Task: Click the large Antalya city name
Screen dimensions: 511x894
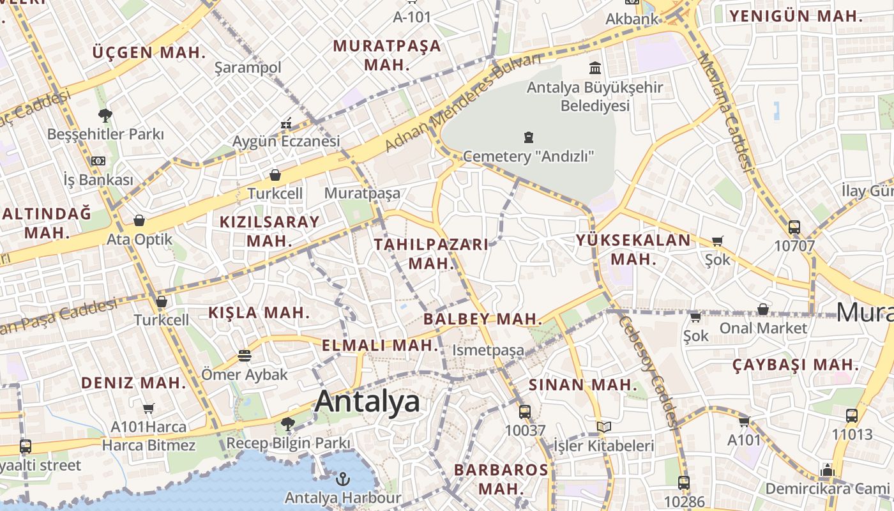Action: tap(367, 401)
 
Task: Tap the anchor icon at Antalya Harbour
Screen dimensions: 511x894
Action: tap(344, 478)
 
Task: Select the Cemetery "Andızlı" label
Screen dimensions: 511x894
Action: tap(529, 156)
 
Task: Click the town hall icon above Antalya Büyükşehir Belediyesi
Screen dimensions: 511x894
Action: tap(595, 68)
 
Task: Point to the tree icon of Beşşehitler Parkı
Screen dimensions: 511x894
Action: tap(105, 116)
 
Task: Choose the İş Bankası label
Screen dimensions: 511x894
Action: tap(98, 179)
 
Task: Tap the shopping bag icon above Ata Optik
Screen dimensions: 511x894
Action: tap(139, 221)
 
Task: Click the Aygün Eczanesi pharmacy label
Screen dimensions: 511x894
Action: tap(285, 141)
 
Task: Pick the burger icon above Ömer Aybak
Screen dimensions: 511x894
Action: tap(245, 355)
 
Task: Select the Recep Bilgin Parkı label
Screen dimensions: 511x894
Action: tap(288, 443)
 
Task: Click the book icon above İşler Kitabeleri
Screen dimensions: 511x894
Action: tap(603, 427)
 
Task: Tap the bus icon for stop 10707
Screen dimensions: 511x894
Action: tap(794, 227)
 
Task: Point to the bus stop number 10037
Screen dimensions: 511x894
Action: tap(525, 430)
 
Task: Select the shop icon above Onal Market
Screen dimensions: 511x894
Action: tap(762, 310)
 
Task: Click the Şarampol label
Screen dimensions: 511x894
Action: tap(248, 68)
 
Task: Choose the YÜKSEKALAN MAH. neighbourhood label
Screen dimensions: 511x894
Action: tap(633, 249)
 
